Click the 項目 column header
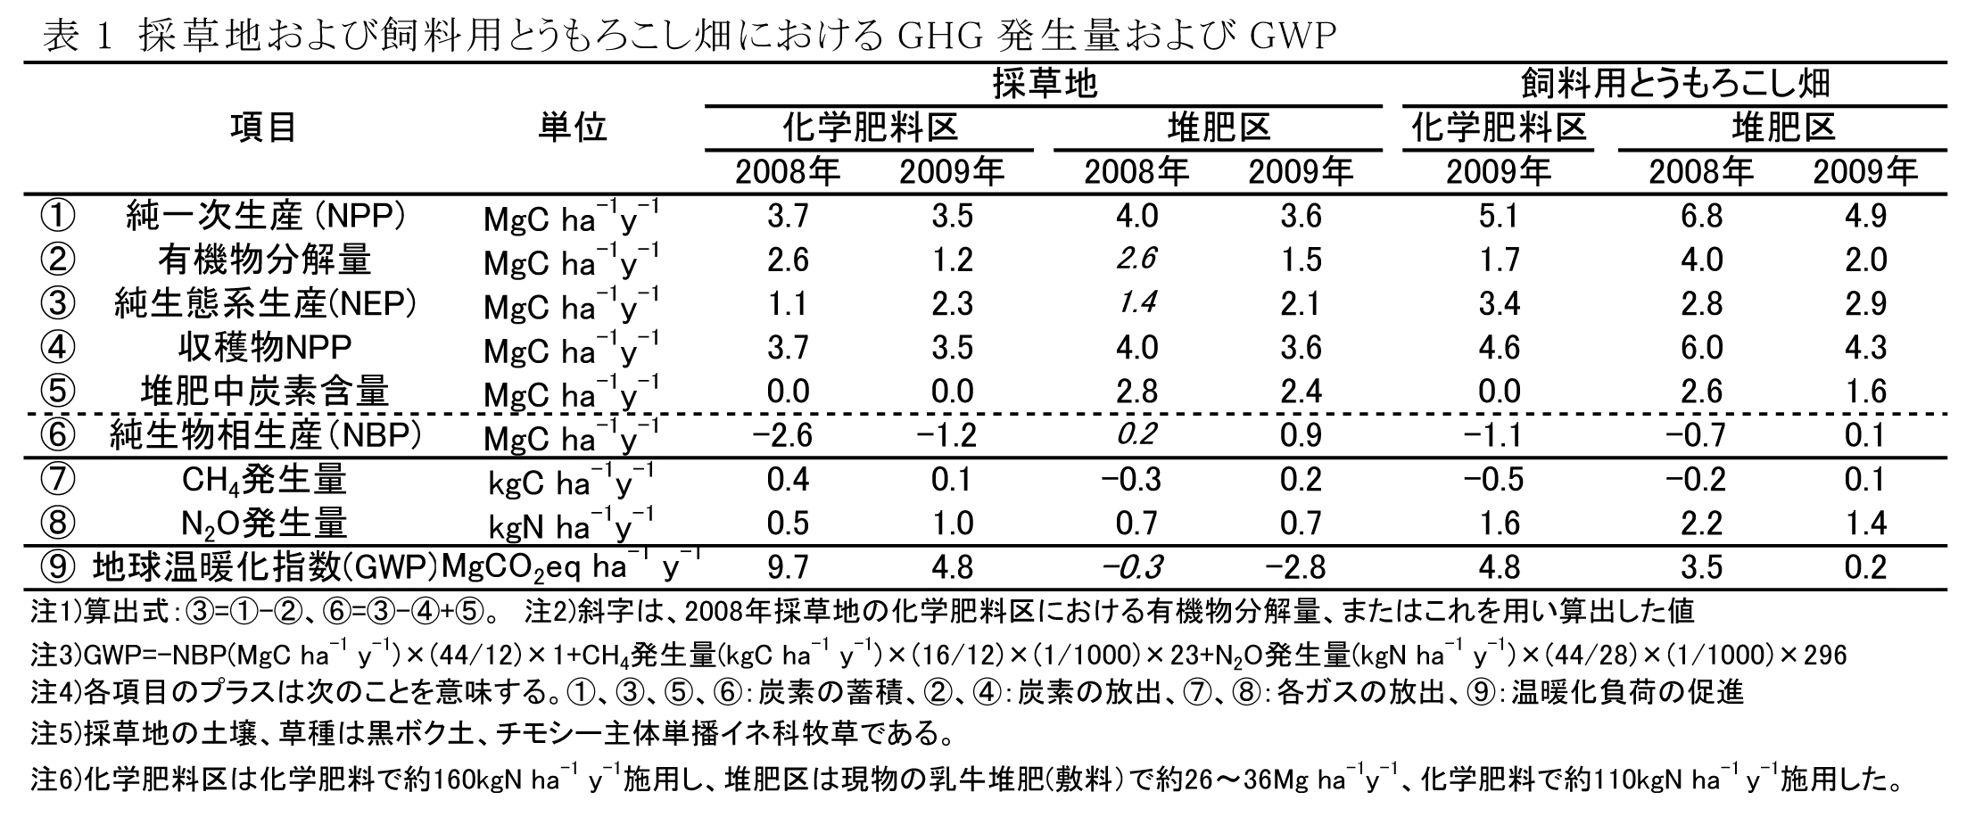click(264, 128)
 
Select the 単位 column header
click(572, 128)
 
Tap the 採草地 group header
click(1044, 84)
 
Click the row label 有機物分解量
click(264, 260)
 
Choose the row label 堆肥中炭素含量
click(264, 392)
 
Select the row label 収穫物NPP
click(264, 348)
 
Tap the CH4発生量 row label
click(264, 481)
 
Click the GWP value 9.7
click(788, 568)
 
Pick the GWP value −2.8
click(1300, 568)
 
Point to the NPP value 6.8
click(1700, 217)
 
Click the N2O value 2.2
click(1700, 524)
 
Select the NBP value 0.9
click(1300, 436)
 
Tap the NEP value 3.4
click(1499, 304)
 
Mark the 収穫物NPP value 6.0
click(1700, 348)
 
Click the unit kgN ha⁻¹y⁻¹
click(571, 525)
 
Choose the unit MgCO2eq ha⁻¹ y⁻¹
click(571, 568)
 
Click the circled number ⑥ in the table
click(57, 436)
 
